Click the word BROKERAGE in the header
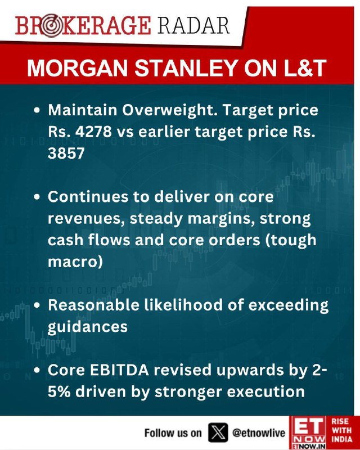83,25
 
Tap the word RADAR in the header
193,25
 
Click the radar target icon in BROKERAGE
50,26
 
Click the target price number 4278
93,132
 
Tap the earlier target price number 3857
66,153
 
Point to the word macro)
75,262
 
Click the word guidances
88,327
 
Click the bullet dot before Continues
37,197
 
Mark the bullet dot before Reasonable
37,305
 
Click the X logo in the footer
218,433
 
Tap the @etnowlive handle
259,433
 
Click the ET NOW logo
308,433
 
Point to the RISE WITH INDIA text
341,430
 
